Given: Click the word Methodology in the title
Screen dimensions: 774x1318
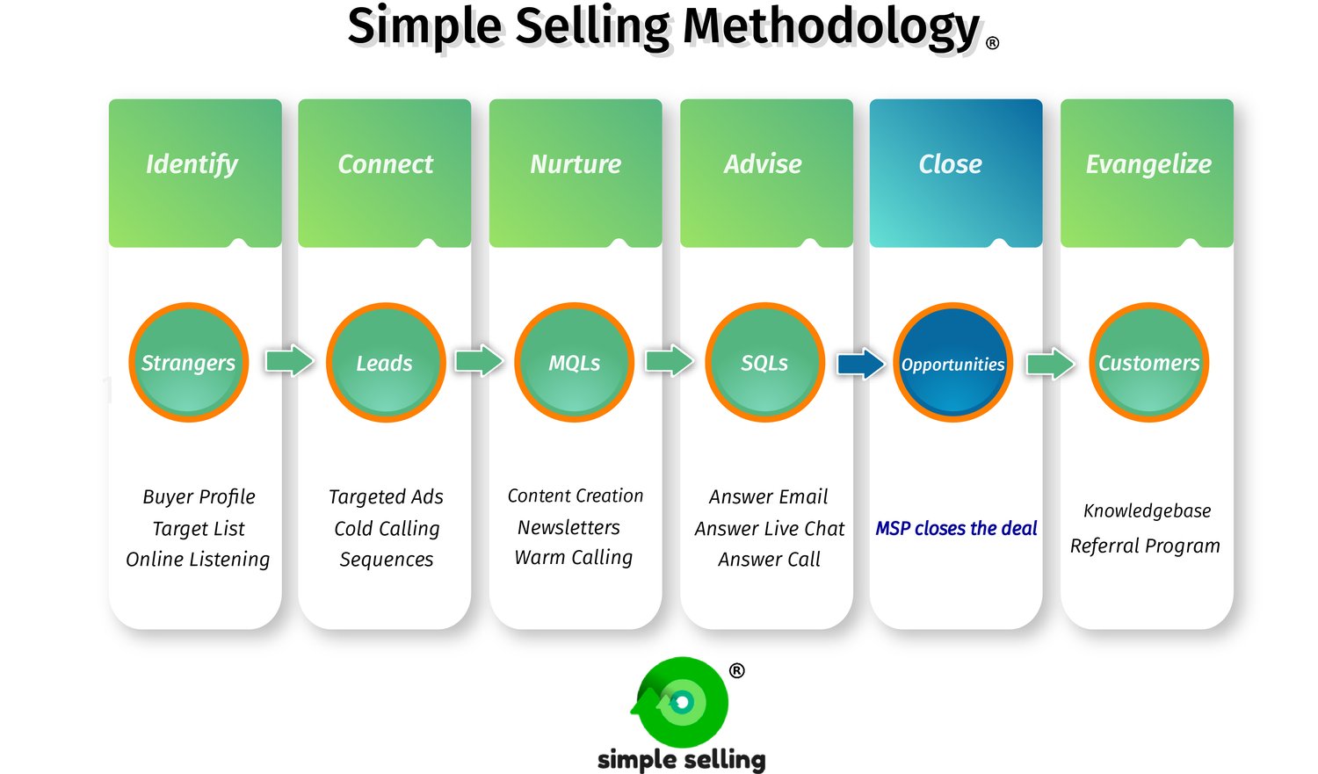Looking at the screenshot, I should coord(830,26).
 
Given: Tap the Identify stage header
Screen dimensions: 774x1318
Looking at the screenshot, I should coord(192,164).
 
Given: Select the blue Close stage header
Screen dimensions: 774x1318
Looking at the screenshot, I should coord(951,164).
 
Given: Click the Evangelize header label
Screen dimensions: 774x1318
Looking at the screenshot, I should coord(1148,164).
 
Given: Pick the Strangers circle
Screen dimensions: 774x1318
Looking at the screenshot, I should coord(188,363).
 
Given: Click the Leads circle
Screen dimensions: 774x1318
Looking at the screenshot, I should coord(385,363).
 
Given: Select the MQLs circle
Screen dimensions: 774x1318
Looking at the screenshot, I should coord(575,363).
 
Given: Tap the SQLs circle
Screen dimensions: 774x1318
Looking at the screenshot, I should coord(764,363).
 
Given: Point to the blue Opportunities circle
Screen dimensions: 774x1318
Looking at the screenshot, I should coord(952,363).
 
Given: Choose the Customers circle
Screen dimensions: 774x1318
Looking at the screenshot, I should coord(1148,363).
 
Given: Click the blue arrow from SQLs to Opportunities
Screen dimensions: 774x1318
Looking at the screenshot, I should coord(860,363).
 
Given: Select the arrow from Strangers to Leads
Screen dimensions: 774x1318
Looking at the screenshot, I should coord(289,360).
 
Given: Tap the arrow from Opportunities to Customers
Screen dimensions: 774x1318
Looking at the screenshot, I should coord(1051,363).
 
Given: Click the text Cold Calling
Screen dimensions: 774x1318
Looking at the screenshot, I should coord(387,528).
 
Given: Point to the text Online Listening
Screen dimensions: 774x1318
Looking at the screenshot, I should coord(198,560).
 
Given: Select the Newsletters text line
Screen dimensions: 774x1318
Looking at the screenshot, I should coord(568,527).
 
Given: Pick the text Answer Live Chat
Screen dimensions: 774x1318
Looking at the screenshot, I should coord(769,528).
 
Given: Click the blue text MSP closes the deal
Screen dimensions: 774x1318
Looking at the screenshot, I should coord(956,528).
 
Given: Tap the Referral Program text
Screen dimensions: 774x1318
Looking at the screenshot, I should coord(1145,546).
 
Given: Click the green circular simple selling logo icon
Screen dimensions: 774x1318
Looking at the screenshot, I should coord(682,702).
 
